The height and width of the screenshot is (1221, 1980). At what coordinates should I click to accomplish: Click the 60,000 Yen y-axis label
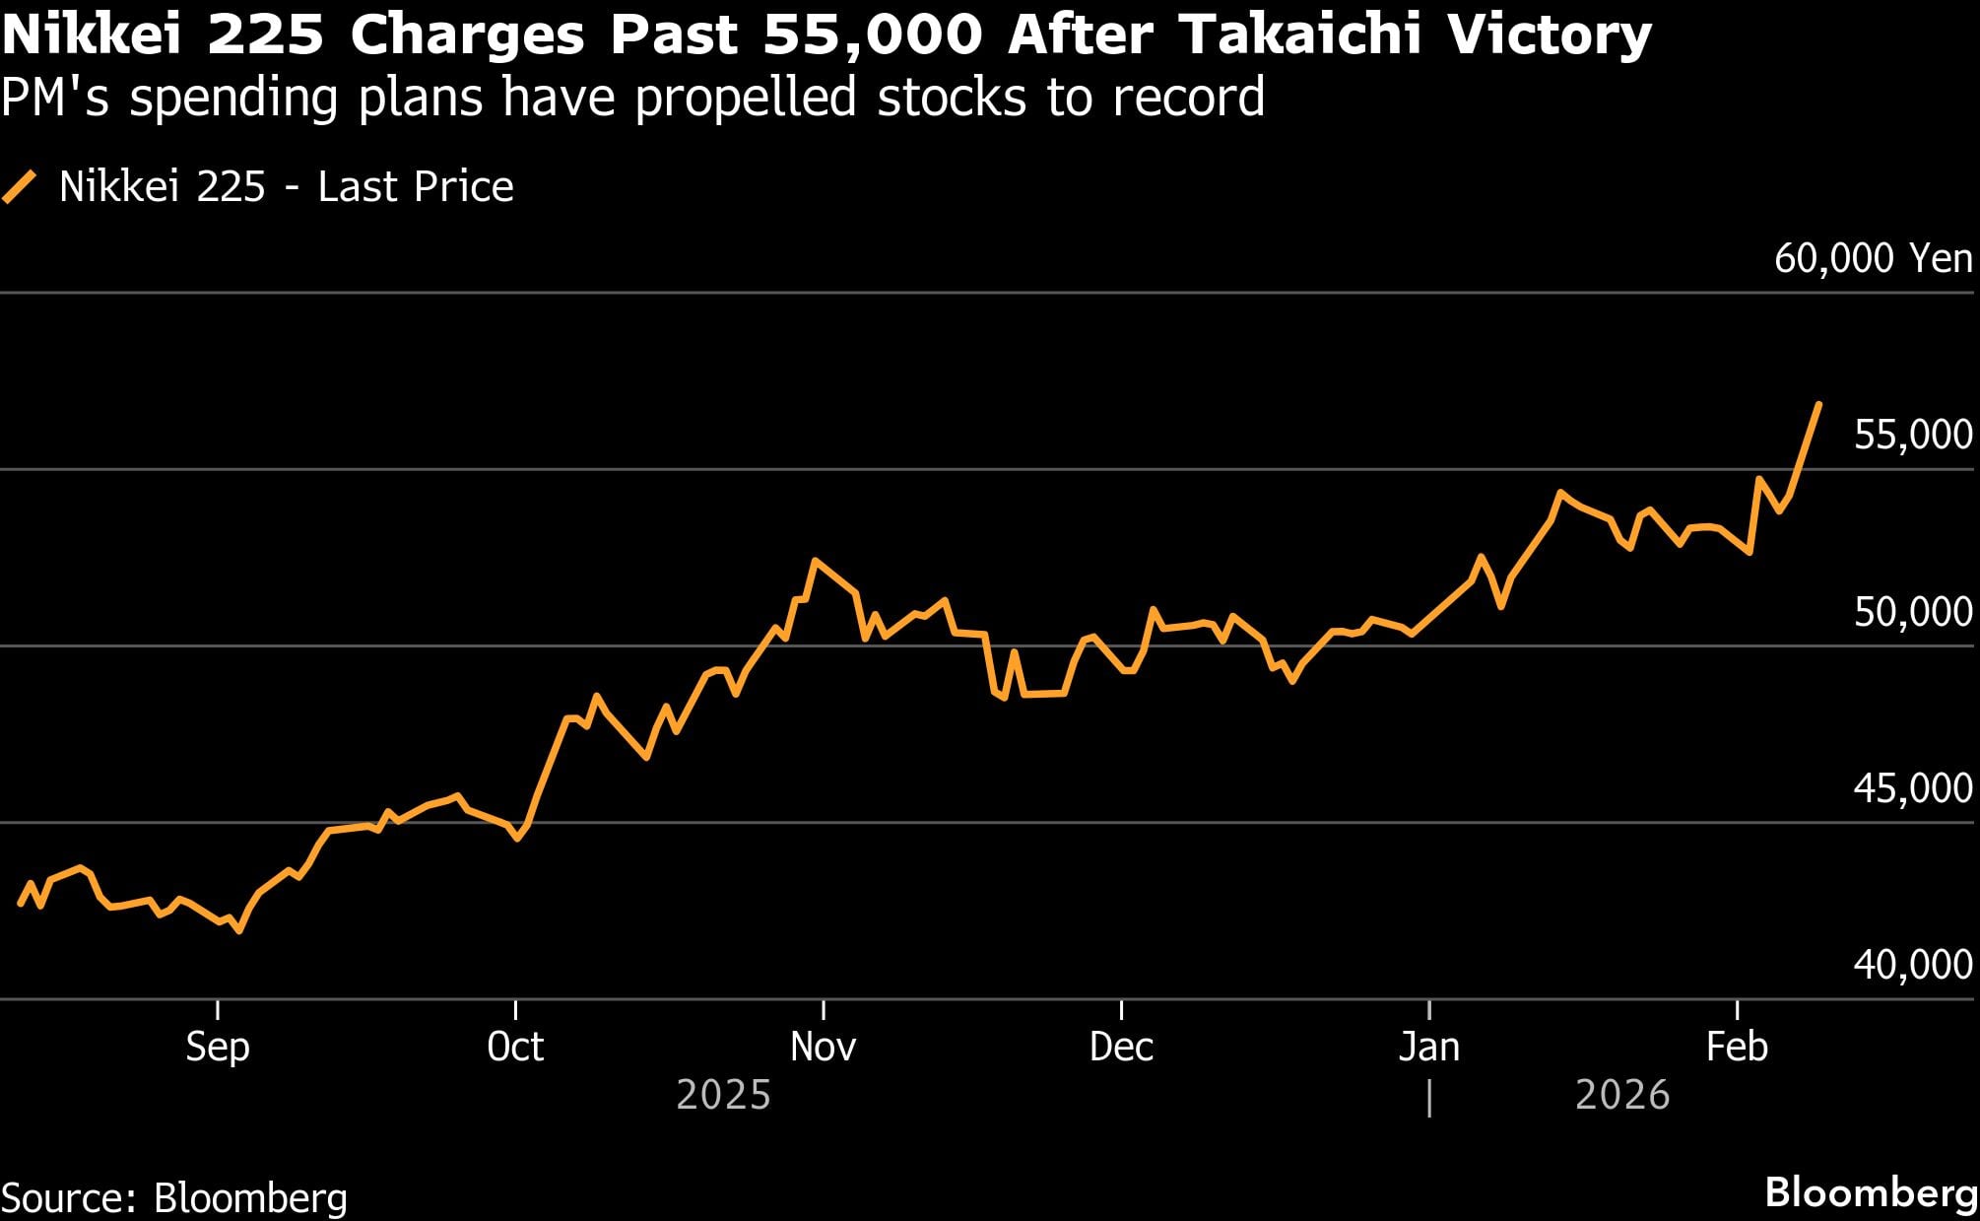(1873, 259)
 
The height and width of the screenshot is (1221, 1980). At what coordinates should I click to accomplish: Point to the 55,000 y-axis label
(1912, 435)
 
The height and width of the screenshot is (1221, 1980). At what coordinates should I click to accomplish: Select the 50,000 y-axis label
(1912, 612)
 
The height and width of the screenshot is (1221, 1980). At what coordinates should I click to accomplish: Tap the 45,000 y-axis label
(1912, 788)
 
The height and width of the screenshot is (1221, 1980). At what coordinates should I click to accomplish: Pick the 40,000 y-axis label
(1912, 965)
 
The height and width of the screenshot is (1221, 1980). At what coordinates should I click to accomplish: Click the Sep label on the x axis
(218, 1047)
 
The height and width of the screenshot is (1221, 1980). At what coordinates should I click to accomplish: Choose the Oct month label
(515, 1047)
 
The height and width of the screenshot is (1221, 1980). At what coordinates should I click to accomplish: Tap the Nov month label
(823, 1047)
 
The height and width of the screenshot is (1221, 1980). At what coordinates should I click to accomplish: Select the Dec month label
(1121, 1047)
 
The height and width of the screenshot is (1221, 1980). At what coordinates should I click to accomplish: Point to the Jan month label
(1428, 1047)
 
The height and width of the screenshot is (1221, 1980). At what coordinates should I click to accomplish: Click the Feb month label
(1737, 1047)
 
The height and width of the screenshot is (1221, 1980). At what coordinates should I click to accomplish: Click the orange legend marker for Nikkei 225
(20, 187)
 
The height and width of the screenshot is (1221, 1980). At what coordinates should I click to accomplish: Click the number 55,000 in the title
(872, 35)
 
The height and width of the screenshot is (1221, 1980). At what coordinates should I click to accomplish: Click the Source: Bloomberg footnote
(174, 1198)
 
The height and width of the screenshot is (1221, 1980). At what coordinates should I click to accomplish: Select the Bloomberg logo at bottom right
(1871, 1192)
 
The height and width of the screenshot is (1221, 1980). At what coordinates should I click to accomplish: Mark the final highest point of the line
(1818, 404)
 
